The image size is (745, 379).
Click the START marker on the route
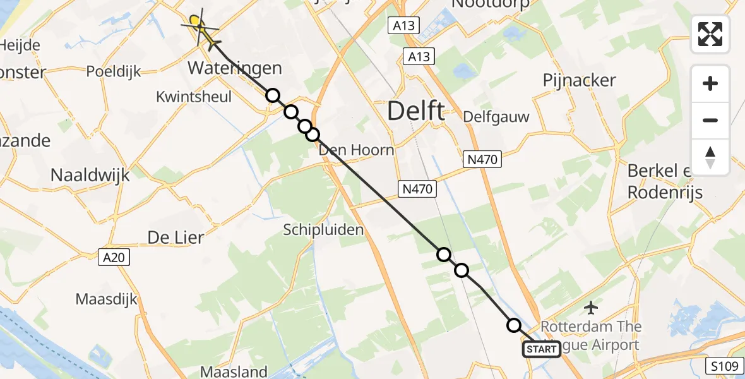click(541, 349)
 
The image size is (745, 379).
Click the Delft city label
click(415, 111)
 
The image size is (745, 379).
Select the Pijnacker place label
click(579, 80)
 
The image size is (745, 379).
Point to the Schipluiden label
click(323, 230)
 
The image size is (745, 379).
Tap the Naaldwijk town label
click(90, 175)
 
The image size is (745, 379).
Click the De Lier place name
click(176, 238)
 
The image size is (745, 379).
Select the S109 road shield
click(722, 365)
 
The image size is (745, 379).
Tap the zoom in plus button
click(710, 83)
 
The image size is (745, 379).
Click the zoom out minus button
click(710, 120)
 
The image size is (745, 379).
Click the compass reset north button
click(710, 157)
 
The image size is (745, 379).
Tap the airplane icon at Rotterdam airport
click(591, 308)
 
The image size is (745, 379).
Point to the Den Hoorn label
click(356, 150)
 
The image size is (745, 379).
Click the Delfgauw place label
click(496, 117)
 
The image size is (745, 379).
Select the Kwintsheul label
click(194, 97)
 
